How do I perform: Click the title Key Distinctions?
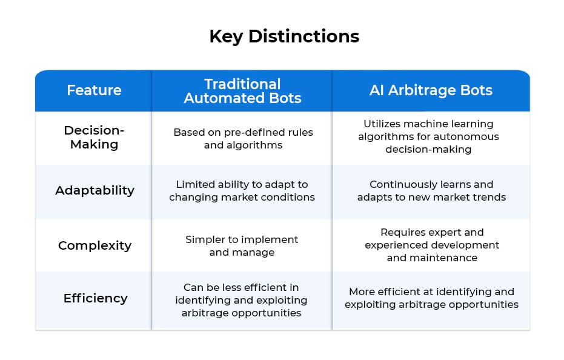tap(284, 36)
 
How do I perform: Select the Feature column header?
tap(94, 90)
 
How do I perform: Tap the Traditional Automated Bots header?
tap(242, 91)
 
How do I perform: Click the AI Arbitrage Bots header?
tap(431, 90)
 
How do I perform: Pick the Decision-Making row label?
tap(94, 137)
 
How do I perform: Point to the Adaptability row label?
tap(95, 190)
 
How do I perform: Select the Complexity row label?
tap(95, 245)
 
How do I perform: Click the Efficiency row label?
tap(95, 298)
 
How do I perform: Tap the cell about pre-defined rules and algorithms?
tap(242, 138)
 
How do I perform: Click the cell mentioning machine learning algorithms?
tap(431, 136)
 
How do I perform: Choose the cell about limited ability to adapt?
tap(242, 190)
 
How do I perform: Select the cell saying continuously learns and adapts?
tap(431, 190)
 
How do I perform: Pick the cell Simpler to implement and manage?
tap(242, 245)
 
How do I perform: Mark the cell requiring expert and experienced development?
tap(431, 245)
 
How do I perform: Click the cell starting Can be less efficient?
tap(241, 300)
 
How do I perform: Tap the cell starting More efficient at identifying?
tap(431, 298)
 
